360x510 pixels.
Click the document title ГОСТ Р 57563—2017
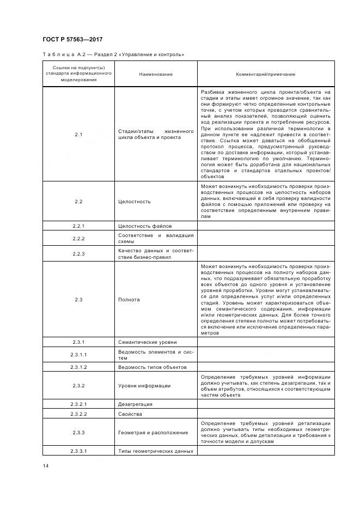point(72,40)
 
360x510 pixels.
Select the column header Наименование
point(156,74)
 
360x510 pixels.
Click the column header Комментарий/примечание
point(265,74)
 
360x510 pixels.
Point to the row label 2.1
point(78,134)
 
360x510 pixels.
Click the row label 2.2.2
point(78,239)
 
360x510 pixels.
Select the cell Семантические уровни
point(148,342)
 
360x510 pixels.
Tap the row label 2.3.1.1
point(78,354)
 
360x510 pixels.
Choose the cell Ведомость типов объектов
point(152,367)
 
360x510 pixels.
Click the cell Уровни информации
point(144,386)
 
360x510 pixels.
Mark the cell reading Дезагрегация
point(135,404)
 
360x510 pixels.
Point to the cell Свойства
point(130,414)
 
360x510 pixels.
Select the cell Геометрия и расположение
point(153,433)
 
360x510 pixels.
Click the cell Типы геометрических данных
point(156,451)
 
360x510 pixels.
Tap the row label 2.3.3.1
point(78,451)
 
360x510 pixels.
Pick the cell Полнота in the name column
point(129,300)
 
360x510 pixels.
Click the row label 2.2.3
point(78,253)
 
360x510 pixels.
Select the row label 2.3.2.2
point(78,414)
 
